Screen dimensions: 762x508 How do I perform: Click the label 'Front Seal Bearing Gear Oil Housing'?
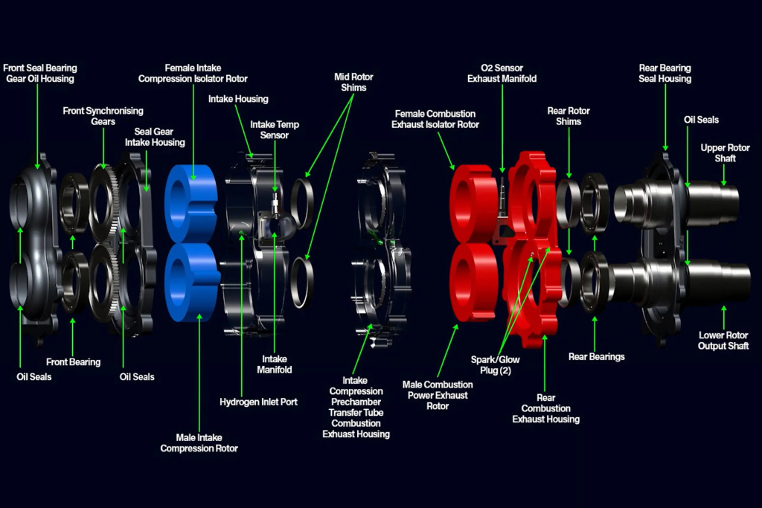pos(40,74)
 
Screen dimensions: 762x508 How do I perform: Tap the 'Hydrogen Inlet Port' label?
pos(258,402)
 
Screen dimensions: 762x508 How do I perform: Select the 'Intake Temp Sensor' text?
pos(275,129)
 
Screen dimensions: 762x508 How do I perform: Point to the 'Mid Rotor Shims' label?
pos(353,82)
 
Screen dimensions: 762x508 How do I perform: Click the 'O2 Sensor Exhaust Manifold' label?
pos(502,74)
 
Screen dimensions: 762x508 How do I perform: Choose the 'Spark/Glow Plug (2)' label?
pos(495,364)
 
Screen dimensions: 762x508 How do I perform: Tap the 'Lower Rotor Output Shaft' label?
pos(723,341)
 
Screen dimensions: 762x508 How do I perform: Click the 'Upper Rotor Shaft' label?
pos(725,153)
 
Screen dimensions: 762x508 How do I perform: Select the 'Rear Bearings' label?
pos(596,356)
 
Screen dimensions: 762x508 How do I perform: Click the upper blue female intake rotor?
pos(191,203)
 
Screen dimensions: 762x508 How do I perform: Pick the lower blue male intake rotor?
pos(193,282)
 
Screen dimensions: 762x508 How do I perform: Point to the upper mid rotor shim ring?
pos(293,204)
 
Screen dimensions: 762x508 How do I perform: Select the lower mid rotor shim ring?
pos(293,283)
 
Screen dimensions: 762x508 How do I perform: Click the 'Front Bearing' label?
pos(73,361)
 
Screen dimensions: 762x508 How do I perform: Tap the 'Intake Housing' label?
pos(238,99)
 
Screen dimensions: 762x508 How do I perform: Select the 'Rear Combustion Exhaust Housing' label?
pos(545,408)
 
